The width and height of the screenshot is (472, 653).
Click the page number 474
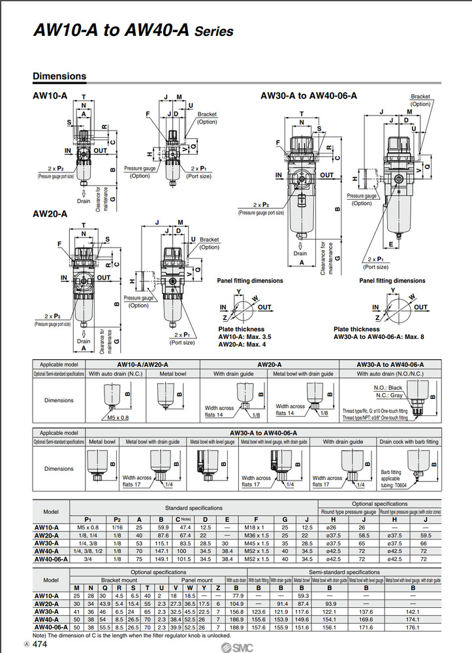pos(39,644)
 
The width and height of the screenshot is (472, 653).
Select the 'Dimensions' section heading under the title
pos(59,76)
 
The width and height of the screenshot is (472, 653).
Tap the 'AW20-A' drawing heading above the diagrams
pos(50,214)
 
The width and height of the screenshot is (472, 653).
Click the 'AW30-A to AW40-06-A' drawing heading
pos(309,95)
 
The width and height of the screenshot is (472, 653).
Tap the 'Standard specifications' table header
pos(195,507)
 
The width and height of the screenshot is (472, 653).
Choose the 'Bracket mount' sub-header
pos(119,579)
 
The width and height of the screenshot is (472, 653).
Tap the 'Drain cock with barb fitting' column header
pos(409,442)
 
